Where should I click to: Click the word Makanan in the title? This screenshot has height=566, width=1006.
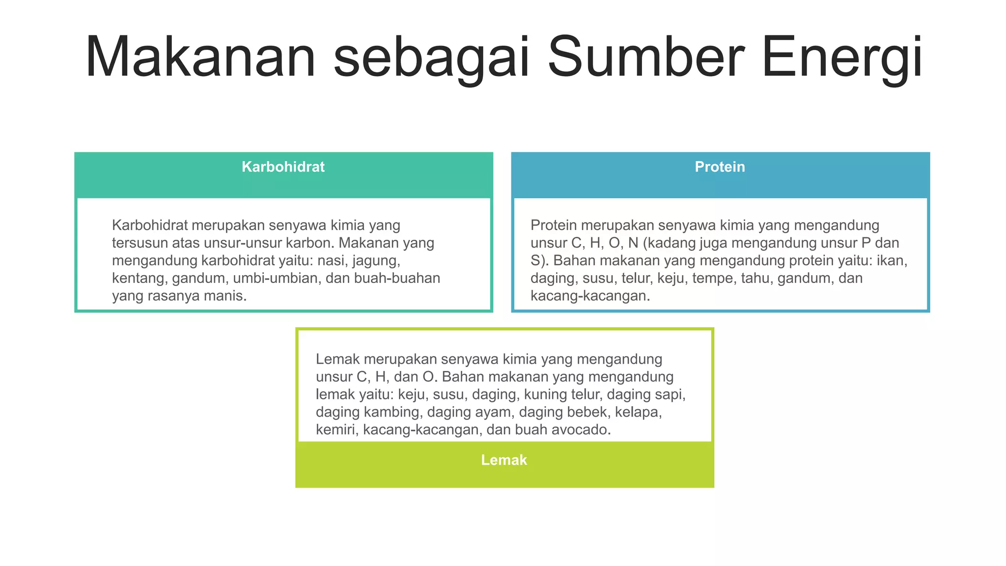click(x=200, y=57)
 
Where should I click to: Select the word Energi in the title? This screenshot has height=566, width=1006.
click(x=842, y=57)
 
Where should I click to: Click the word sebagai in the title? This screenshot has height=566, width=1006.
click(x=431, y=57)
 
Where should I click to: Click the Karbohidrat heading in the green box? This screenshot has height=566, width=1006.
click(x=283, y=167)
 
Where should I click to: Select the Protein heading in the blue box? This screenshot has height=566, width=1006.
click(x=720, y=167)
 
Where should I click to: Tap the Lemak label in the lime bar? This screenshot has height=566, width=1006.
click(x=504, y=460)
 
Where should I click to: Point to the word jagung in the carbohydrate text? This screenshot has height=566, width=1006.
click(x=376, y=260)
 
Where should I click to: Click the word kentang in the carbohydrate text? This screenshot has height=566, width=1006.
click(x=139, y=278)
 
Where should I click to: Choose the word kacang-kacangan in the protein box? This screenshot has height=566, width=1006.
click(x=589, y=296)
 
